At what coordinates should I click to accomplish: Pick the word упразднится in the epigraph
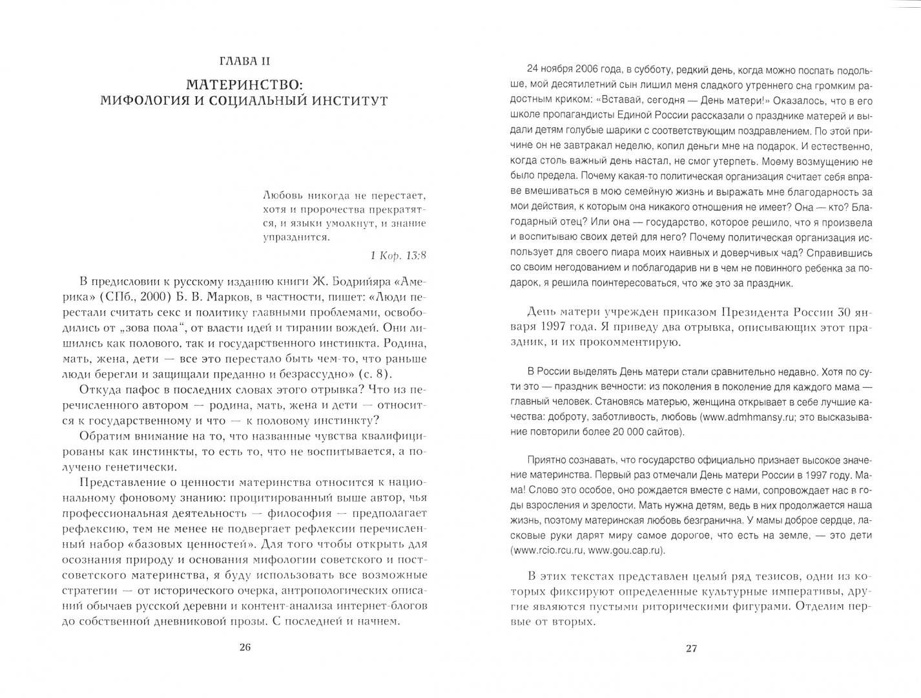click(296, 237)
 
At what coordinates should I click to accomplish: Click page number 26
click(244, 648)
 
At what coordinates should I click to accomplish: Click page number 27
click(690, 648)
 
